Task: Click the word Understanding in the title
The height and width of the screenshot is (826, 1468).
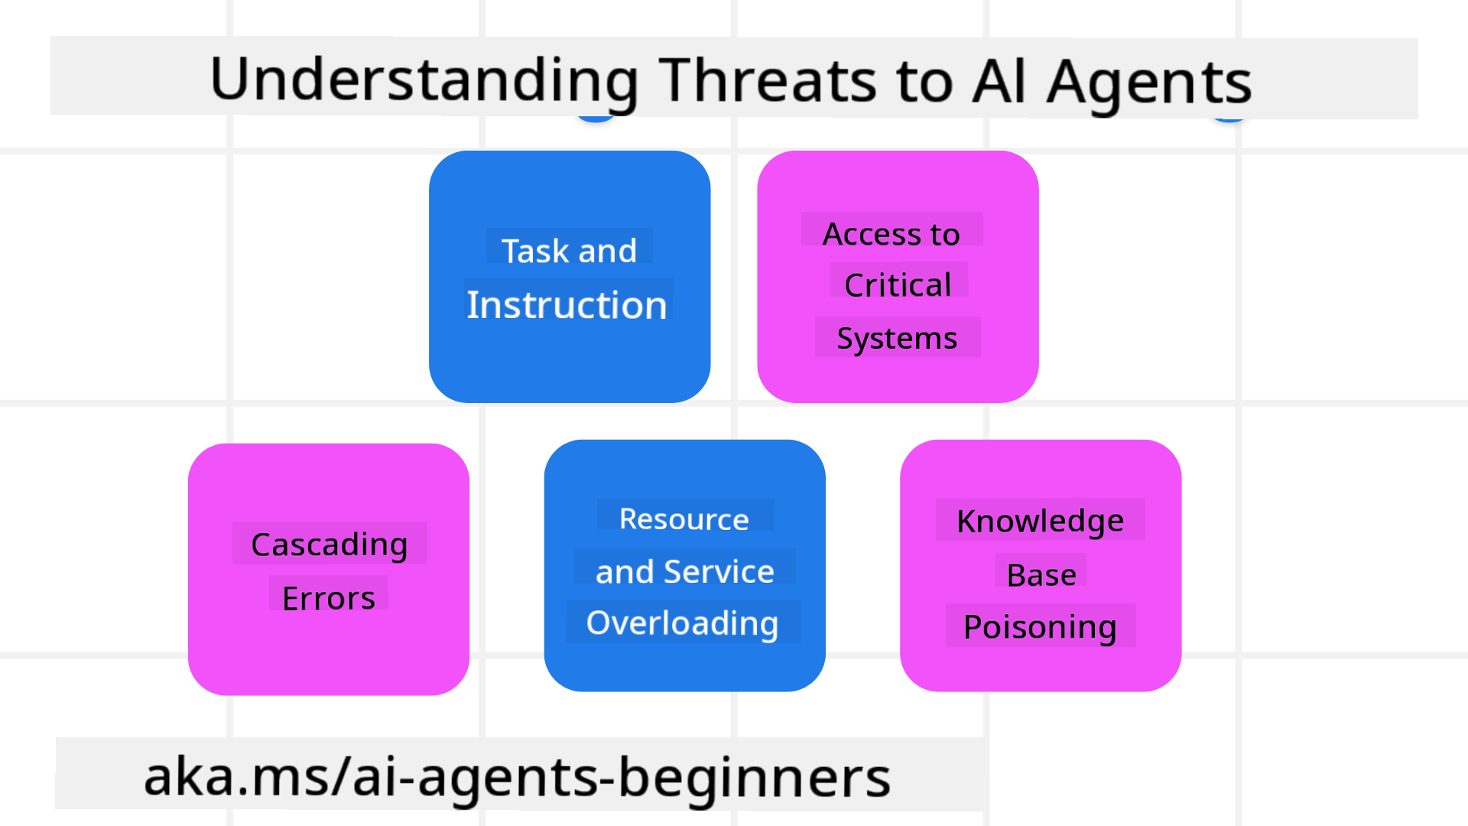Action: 424,81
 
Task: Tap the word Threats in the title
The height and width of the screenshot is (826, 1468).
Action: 769,81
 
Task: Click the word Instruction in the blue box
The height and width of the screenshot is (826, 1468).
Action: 567,305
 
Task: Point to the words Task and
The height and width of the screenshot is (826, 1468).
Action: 569,251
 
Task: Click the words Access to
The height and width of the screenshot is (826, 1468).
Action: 891,234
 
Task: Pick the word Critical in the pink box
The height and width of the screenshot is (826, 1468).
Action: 898,285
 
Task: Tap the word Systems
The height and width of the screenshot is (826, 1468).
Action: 897,338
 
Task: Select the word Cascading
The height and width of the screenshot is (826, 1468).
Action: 330,545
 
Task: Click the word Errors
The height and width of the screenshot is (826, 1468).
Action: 329,598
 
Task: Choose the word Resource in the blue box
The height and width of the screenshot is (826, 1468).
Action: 684,519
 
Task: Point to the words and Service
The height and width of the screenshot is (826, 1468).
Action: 685,571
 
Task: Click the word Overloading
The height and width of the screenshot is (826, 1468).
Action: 683,623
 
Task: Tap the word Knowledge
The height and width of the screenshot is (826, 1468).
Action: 1040,522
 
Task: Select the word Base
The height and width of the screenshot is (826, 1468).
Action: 1041,575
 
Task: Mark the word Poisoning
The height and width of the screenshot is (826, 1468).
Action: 1040,627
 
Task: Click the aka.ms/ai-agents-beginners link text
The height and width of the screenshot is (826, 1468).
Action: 518,777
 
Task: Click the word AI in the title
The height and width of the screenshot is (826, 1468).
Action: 998,81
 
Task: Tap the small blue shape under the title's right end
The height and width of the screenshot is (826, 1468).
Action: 1229,119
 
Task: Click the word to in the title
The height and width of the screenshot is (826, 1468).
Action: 924,81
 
